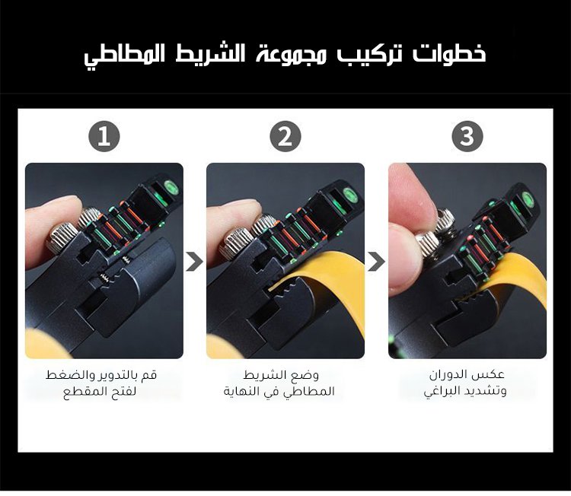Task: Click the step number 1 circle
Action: (104, 136)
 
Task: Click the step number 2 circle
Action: (285, 136)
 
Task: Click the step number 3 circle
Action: (467, 136)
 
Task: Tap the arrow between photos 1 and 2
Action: (194, 261)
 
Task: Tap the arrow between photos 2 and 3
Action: (376, 261)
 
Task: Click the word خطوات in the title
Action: (450, 54)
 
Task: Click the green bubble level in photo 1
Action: (171, 188)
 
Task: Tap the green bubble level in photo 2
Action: (350, 195)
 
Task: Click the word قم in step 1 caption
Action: (151, 375)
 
